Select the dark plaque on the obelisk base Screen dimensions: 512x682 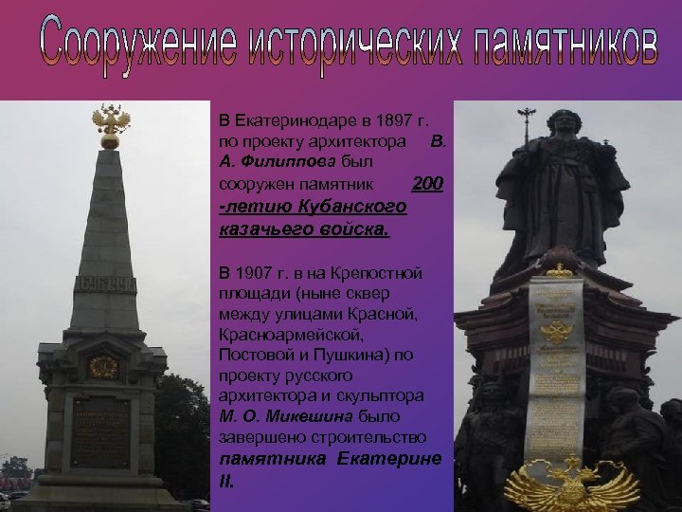(100, 431)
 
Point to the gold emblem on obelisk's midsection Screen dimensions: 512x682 (101, 366)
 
